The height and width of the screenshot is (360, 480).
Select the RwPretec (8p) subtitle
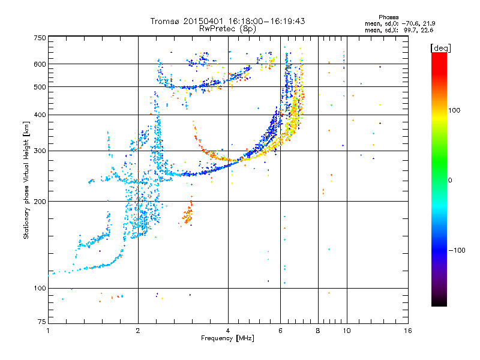227,29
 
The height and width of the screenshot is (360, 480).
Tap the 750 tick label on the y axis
40,38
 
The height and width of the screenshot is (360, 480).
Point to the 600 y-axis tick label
40,64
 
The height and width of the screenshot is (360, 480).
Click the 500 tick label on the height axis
40,87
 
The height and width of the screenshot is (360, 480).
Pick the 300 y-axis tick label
40,151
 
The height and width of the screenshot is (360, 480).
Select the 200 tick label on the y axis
40,202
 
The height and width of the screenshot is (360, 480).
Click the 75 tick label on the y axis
42,322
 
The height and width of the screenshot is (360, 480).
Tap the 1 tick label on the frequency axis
48,331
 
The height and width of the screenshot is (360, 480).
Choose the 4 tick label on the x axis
228,331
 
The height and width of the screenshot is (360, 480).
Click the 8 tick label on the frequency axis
318,331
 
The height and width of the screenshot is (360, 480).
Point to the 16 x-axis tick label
408,331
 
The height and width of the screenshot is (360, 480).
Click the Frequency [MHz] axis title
227,338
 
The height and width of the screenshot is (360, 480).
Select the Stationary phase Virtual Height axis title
26,180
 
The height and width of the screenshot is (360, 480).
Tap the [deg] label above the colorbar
440,48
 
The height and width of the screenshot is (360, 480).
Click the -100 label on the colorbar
457,250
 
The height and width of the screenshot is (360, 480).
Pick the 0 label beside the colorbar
450,180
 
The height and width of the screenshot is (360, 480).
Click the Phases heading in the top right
388,17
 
